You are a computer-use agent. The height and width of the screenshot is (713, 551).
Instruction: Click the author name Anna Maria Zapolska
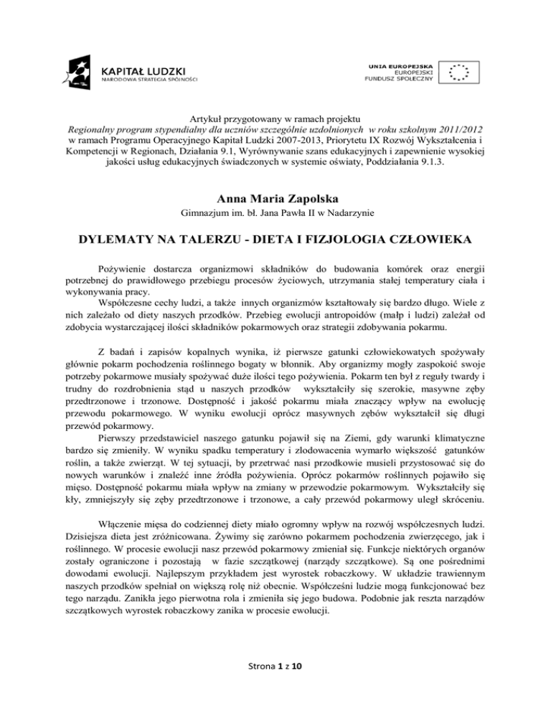point(275,192)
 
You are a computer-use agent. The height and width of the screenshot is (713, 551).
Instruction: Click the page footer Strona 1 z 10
point(275,686)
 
